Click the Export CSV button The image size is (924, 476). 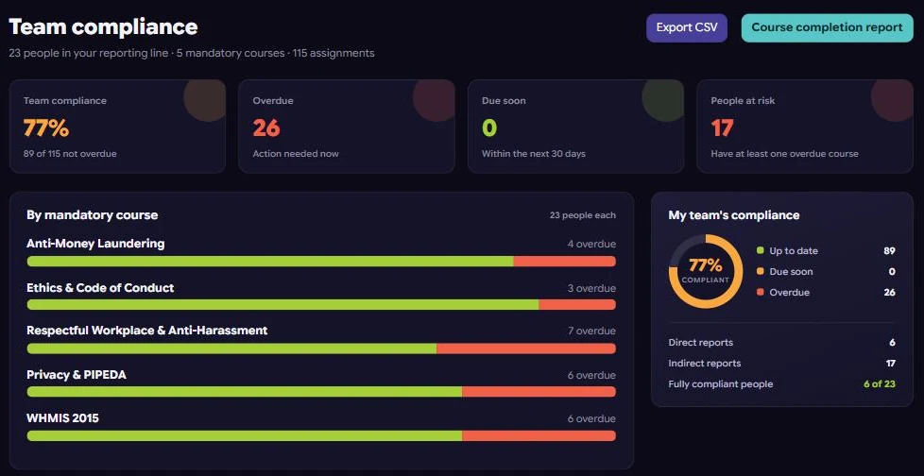tap(687, 27)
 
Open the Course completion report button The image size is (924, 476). tap(827, 27)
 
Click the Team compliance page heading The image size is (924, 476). tap(103, 26)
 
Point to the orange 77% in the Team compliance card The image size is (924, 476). tap(46, 127)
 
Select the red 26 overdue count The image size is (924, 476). tap(266, 127)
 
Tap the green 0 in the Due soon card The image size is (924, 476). tap(489, 127)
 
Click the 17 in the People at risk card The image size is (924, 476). tap(722, 127)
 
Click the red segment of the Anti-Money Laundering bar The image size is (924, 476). tap(565, 261)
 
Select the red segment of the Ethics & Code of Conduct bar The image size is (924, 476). tap(577, 304)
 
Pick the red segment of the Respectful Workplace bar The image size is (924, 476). tap(526, 348)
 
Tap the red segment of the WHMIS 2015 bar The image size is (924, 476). tap(539, 435)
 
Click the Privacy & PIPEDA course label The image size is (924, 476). tap(77, 375)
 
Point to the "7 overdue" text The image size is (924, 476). tap(591, 331)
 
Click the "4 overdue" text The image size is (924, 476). tap(591, 244)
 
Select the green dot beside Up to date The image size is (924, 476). tap(761, 250)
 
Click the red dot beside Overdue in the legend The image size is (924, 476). tap(761, 292)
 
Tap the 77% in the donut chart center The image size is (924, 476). tap(706, 265)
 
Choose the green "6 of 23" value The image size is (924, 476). tap(880, 384)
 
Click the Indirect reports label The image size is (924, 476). tap(705, 364)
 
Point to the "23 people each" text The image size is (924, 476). tap(583, 215)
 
